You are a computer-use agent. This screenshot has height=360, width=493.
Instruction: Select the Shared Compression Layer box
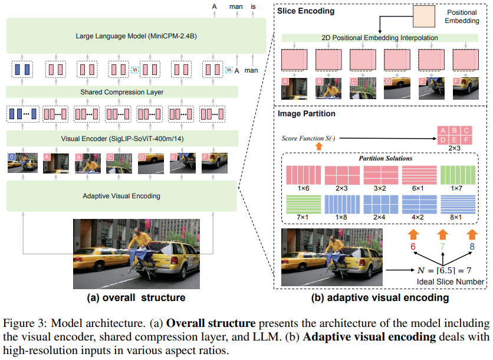[122, 91]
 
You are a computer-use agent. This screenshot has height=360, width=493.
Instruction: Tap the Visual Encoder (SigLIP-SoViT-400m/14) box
[122, 139]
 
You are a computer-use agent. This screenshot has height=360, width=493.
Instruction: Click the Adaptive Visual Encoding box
[122, 195]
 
